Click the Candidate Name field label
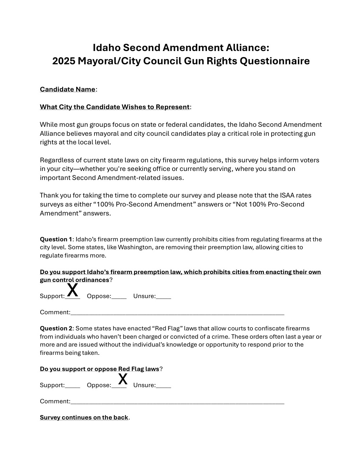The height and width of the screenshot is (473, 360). click(68, 89)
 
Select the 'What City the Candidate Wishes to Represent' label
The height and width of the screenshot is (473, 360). click(115, 107)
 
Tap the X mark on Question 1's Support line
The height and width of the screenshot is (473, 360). click(73, 290)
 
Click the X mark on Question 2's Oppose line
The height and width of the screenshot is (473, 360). click(123, 379)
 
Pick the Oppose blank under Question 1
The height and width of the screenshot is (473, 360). click(119, 297)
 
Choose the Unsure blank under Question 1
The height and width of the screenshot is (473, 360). click(163, 297)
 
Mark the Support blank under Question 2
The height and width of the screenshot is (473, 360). click(73, 386)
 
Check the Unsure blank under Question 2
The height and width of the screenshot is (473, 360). click(163, 386)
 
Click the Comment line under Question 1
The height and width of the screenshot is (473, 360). click(177, 313)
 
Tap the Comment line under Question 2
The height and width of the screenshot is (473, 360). click(177, 402)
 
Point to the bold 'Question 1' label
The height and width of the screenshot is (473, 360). click(56, 239)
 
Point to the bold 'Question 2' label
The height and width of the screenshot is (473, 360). click(56, 328)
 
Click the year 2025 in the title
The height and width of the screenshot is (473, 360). click(64, 61)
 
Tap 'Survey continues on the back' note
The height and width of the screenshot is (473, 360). click(84, 417)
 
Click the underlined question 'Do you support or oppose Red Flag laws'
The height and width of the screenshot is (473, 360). click(100, 369)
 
